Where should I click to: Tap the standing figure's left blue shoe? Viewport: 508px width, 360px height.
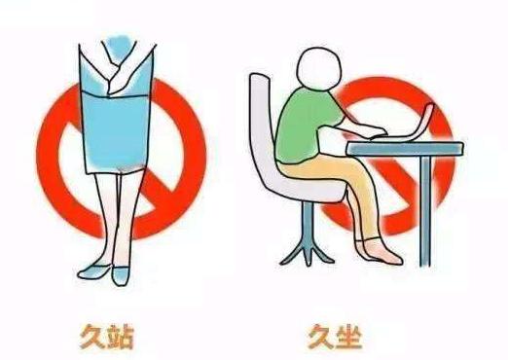pyautogui.click(x=92, y=269)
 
